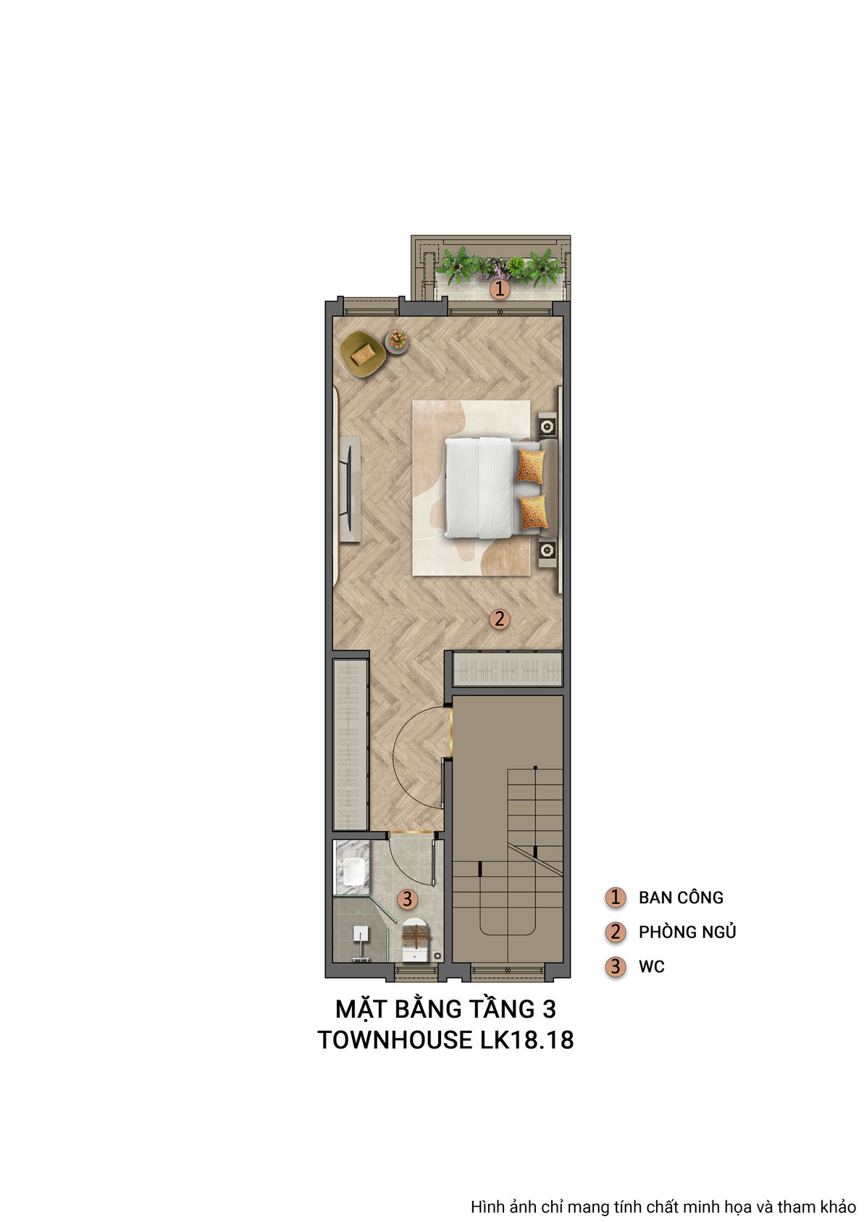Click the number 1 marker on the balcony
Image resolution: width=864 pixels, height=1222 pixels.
[499, 290]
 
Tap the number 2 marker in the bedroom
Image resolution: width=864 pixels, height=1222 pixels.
[498, 619]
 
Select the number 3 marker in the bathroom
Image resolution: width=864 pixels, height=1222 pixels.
[407, 899]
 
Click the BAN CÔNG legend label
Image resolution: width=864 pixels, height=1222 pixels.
[680, 897]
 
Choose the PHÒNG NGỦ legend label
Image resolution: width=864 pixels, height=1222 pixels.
[687, 932]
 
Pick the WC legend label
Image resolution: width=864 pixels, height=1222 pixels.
[651, 966]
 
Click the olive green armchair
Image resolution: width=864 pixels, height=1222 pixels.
[363, 353]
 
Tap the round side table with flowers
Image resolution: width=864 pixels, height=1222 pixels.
[397, 340]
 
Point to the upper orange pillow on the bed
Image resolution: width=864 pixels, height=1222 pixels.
[530, 466]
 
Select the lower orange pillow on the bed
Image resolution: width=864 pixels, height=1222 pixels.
[532, 512]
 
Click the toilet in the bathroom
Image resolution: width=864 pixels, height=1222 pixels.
[416, 940]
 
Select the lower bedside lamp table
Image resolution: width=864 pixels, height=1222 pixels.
[547, 551]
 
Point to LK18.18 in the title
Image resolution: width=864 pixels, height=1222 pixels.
[527, 1039]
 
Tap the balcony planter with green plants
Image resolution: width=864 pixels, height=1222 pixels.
[500, 265]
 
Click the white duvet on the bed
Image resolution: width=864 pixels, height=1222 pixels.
[479, 487]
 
